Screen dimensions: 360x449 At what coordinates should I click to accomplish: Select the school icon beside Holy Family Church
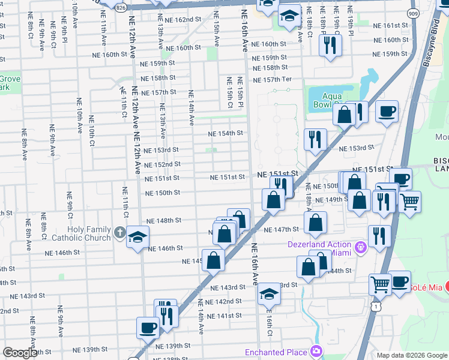click(137, 236)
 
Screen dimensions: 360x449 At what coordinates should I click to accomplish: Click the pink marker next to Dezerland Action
click(360, 246)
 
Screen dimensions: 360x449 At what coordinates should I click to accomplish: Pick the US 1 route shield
click(376, 306)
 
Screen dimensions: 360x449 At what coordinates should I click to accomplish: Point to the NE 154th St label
click(225, 133)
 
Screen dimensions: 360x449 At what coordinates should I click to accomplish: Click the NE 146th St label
click(164, 248)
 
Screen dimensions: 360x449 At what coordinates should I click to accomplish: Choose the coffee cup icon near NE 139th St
click(148, 328)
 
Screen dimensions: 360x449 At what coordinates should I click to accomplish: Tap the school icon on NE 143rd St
click(270, 295)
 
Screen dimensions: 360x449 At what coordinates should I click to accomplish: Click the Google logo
click(19, 353)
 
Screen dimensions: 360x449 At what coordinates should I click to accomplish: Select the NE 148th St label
click(164, 220)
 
